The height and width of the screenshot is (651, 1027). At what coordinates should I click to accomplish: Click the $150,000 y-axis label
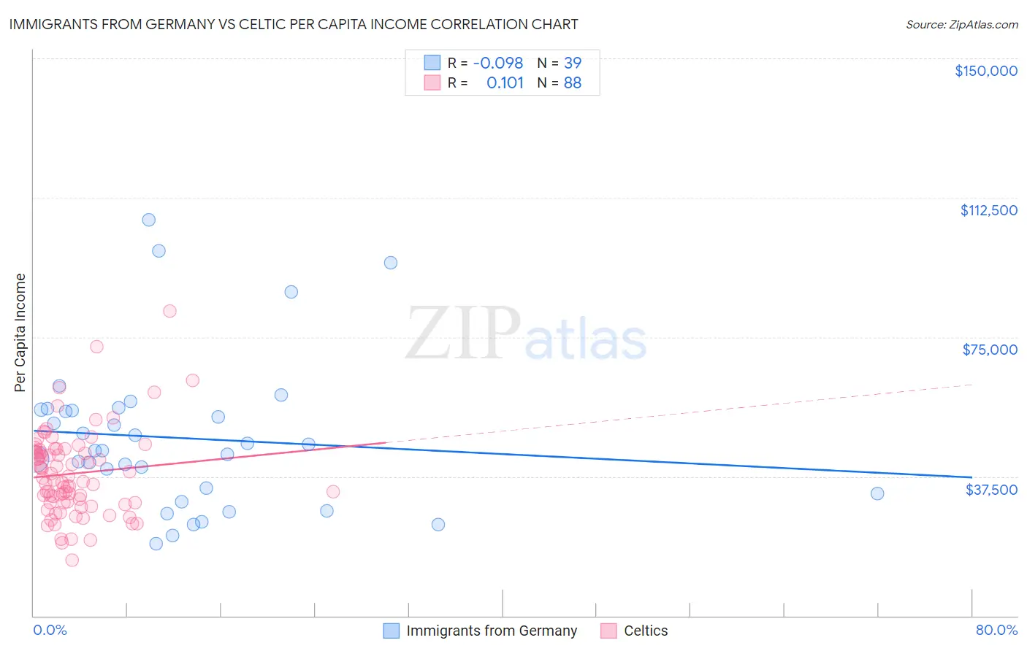tap(985, 71)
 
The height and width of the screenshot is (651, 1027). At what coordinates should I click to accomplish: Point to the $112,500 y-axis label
tap(988, 210)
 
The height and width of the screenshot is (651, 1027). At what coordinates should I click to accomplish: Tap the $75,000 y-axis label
tap(990, 350)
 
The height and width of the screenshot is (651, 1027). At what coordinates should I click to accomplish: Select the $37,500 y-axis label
tap(991, 490)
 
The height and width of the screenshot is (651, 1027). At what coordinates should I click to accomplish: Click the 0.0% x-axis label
tap(50, 630)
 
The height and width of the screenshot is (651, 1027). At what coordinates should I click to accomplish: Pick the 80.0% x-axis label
tap(996, 630)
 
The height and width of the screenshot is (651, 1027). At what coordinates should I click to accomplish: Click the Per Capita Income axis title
tap(20, 332)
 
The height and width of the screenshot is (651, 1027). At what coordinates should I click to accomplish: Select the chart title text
tap(294, 25)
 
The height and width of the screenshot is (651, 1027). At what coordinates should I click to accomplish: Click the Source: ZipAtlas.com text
tap(961, 25)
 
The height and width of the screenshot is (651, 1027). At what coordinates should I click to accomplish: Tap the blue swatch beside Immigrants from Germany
tap(392, 631)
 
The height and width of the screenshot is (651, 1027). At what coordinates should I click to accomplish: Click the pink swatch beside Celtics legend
tap(608, 631)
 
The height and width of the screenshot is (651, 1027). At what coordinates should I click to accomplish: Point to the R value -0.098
tap(498, 63)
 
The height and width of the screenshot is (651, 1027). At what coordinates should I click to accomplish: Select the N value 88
tap(573, 83)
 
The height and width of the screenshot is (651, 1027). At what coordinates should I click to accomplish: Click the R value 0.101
tap(505, 83)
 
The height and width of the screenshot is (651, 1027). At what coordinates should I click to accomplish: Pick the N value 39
tap(573, 63)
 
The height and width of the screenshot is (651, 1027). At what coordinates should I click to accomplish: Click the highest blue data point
tap(149, 220)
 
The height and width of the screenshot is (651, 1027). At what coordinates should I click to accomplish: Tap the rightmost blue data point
tap(877, 493)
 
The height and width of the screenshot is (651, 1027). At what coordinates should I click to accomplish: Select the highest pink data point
tap(169, 311)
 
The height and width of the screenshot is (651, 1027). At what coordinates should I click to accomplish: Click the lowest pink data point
tap(72, 560)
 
